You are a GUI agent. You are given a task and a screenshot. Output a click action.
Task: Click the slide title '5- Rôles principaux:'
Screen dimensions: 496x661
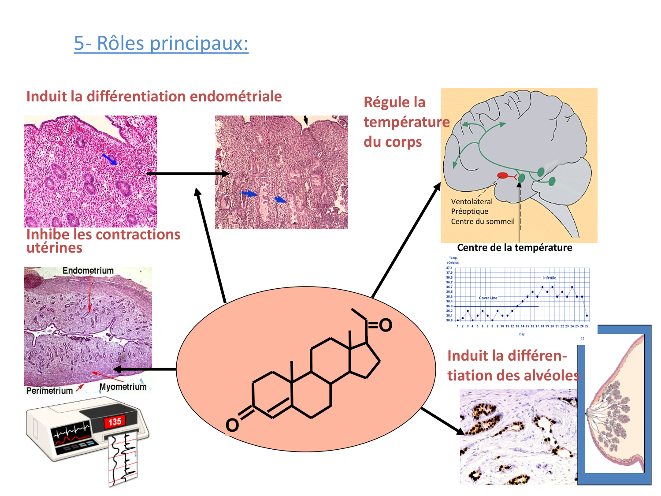click(x=161, y=43)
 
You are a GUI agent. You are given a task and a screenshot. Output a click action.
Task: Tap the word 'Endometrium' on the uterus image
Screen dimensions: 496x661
click(x=88, y=271)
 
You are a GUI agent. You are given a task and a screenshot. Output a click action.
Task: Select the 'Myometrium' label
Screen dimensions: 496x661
click(x=123, y=387)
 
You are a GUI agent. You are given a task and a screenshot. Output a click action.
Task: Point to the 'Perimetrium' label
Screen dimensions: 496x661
click(x=49, y=391)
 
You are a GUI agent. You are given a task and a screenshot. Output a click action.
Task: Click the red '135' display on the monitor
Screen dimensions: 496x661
click(x=115, y=422)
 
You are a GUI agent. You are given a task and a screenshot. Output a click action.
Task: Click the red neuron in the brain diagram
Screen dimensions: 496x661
click(x=503, y=176)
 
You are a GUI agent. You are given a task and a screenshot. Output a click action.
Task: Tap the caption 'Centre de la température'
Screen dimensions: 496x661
click(x=514, y=248)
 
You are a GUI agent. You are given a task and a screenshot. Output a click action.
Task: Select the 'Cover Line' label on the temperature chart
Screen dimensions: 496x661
click(x=488, y=298)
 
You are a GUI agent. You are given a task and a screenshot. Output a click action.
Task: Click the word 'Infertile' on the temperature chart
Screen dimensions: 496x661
click(x=550, y=278)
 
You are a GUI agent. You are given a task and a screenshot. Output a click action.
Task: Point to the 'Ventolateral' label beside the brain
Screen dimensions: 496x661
click(x=472, y=201)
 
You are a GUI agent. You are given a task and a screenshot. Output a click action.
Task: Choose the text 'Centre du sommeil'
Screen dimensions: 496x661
click(x=483, y=221)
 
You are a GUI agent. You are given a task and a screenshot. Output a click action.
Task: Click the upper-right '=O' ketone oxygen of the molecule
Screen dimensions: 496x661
click(x=385, y=325)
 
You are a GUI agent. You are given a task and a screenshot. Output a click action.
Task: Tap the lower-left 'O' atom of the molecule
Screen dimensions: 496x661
click(x=232, y=425)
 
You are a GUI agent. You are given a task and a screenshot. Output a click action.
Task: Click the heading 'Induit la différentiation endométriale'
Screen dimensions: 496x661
click(x=154, y=97)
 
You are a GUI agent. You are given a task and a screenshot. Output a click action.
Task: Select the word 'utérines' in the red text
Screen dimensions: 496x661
click(x=54, y=248)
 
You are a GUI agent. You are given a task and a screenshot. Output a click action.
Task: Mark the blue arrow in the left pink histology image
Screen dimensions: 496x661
click(x=110, y=159)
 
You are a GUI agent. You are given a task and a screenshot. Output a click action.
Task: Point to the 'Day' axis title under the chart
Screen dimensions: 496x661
click(x=522, y=334)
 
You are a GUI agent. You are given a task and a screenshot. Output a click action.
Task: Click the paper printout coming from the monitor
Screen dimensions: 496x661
click(x=122, y=459)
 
